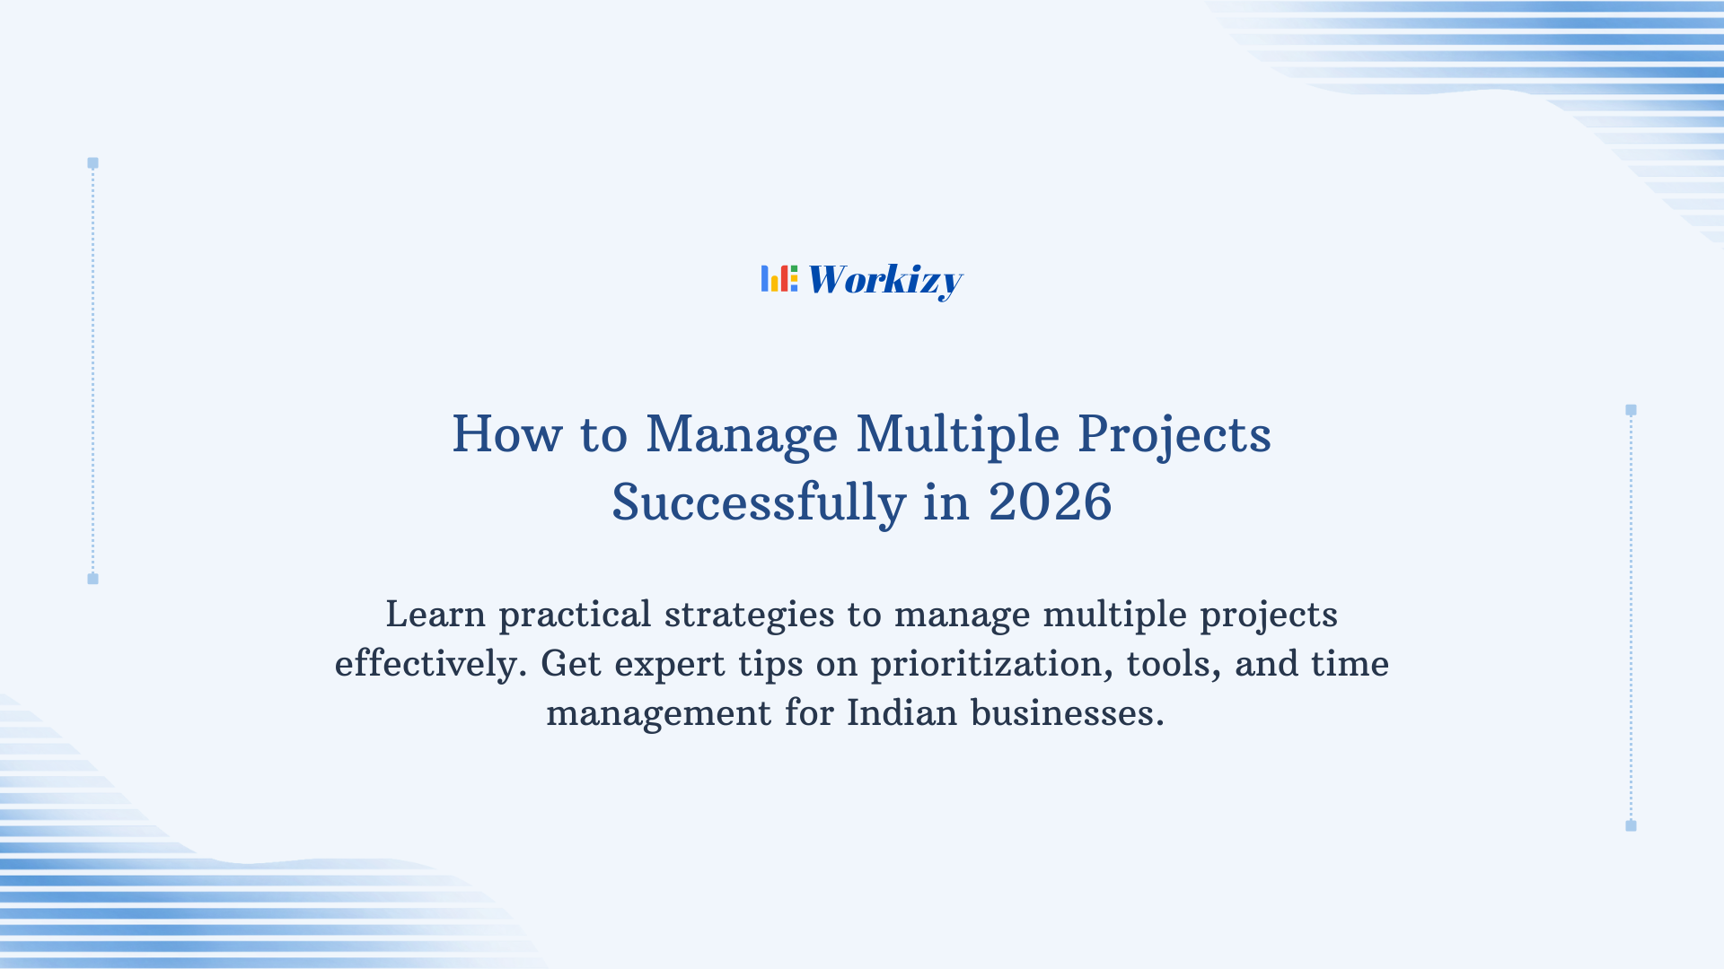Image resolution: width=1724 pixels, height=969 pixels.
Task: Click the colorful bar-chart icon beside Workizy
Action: coord(778,279)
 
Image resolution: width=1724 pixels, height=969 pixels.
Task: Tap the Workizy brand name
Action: coord(884,280)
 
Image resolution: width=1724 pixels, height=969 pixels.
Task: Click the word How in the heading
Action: coord(506,434)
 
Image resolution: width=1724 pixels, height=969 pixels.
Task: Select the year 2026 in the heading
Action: coord(1050,502)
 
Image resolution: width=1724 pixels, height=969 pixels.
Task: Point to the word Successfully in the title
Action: coord(759,502)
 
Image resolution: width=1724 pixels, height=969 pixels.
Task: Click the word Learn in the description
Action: coord(435,615)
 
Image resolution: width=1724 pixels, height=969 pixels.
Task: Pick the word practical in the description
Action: coord(575,615)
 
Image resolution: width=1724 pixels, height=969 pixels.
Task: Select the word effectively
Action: coord(429,664)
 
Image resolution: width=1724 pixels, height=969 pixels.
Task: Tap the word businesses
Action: coord(1067,713)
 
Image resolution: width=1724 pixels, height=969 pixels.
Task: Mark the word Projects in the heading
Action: coord(1174,434)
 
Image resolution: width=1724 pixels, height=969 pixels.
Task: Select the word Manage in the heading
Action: coord(742,434)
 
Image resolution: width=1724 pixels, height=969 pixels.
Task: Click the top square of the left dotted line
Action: coord(92,163)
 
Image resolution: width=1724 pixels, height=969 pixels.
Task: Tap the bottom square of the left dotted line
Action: coord(92,579)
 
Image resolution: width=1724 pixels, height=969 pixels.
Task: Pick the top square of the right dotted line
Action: coord(1631,410)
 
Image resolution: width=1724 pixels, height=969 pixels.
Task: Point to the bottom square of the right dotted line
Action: coord(1631,825)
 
